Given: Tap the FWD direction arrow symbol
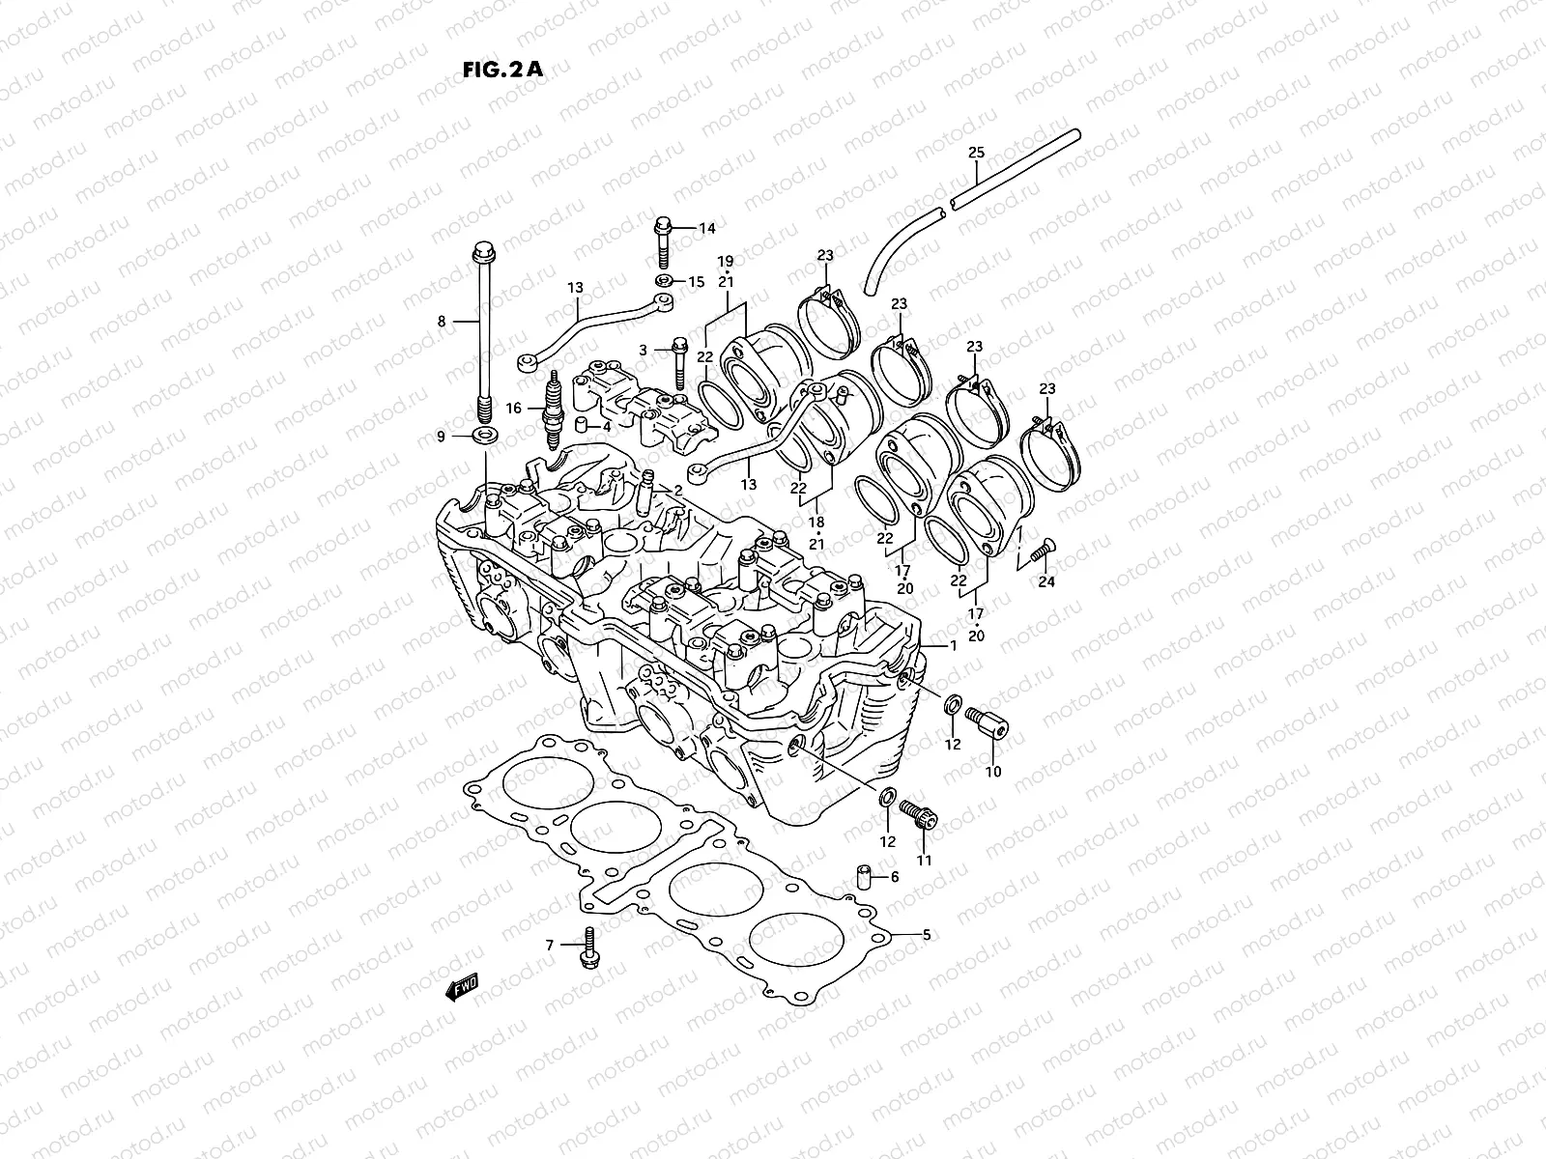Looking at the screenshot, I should pos(461,987).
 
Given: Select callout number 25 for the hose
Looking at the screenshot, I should pos(976,153).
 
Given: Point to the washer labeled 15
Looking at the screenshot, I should pos(664,281).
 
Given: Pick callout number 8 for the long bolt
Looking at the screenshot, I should pos(442,322).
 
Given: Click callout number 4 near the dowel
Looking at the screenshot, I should pos(606,426).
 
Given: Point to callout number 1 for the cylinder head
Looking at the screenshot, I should pos(953,645).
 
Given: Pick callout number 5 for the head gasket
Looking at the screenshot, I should pos(926,934).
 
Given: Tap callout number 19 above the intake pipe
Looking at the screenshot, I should pos(725,261).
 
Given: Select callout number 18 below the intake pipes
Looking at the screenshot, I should pos(816,521).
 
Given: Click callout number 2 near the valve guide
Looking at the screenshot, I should pos(677,491).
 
